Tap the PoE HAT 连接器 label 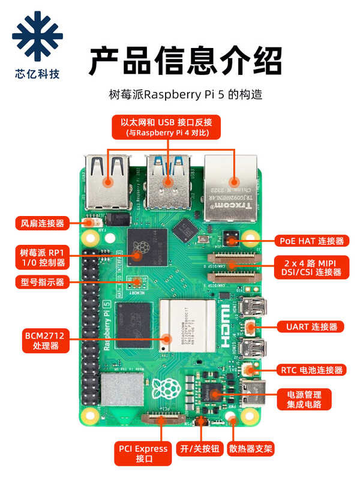click(x=312, y=241)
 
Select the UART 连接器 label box click(x=311, y=326)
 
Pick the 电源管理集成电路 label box click(x=304, y=400)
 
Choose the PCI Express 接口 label click(x=143, y=453)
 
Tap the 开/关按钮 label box click(x=200, y=449)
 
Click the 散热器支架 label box click(x=251, y=449)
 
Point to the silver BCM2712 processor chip click(x=187, y=325)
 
